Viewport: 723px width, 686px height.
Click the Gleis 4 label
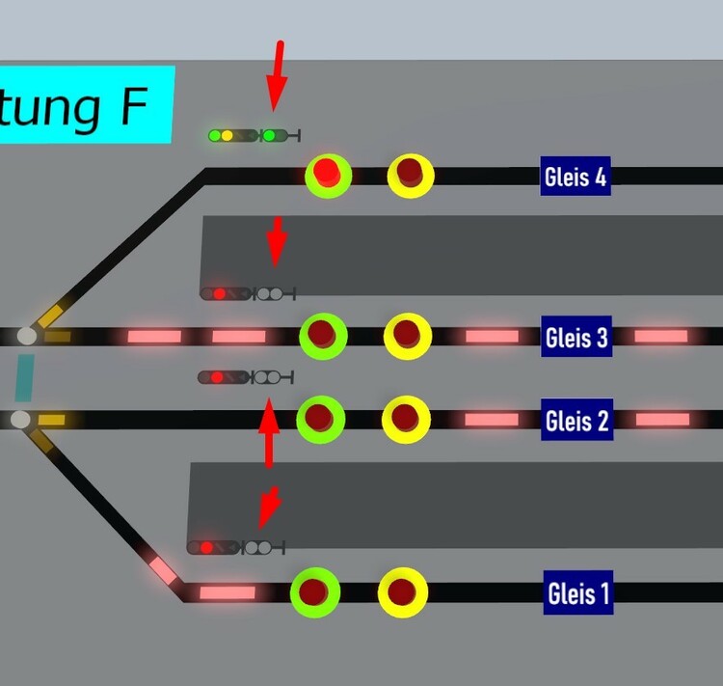coord(576,177)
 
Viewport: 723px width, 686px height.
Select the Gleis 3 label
coord(576,337)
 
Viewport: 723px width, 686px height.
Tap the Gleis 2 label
coord(576,421)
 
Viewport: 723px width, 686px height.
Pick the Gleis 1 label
coord(576,592)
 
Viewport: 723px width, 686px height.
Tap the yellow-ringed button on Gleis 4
coord(411,175)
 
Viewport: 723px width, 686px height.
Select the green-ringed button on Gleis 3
coord(323,336)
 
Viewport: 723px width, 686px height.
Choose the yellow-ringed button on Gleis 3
coord(407,336)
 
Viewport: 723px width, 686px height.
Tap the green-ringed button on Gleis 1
coord(314,591)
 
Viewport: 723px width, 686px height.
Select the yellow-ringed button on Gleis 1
coord(402,591)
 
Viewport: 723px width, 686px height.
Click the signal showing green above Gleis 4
coord(254,136)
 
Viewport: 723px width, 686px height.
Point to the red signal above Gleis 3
coord(247,293)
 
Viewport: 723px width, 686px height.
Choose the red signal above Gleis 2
coord(245,377)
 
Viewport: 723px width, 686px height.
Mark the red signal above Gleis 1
coord(235,548)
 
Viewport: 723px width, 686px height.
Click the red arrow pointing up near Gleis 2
coord(268,433)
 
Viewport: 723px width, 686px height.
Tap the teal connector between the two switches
coord(24,377)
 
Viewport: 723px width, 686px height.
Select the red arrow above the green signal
coord(278,74)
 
